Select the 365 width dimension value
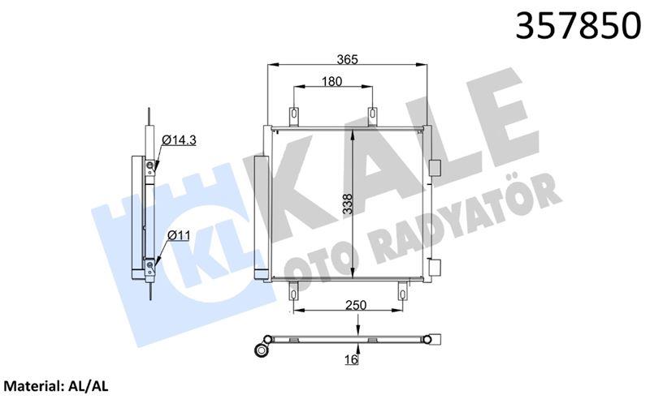click(x=348, y=58)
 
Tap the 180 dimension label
click(x=331, y=81)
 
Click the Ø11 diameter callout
click(x=179, y=235)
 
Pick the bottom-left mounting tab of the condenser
click(x=293, y=290)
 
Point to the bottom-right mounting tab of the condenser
click(x=401, y=290)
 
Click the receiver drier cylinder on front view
click(x=259, y=217)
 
